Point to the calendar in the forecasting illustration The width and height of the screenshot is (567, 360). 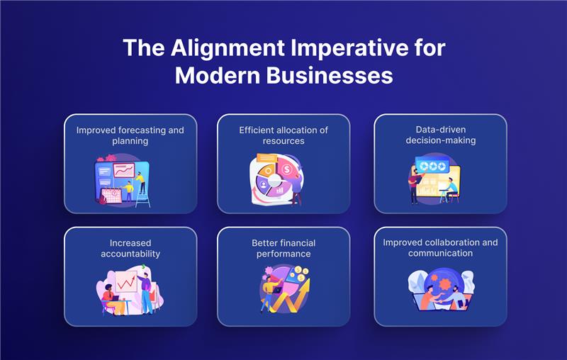(111, 196)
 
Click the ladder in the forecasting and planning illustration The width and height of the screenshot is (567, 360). (142, 196)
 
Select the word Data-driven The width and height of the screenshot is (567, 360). (440, 130)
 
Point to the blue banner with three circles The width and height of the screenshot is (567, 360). (432, 166)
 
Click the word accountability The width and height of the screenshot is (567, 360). (130, 254)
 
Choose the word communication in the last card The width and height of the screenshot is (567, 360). (440, 254)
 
